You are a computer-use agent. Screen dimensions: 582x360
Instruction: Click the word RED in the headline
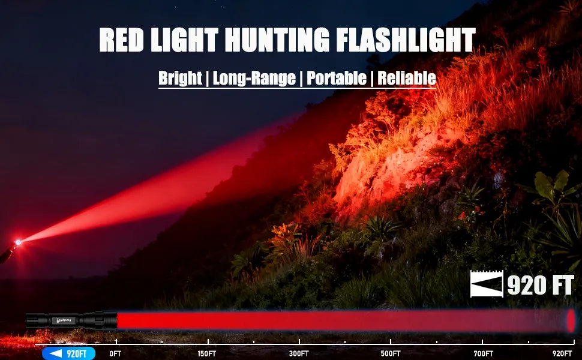(x=121, y=40)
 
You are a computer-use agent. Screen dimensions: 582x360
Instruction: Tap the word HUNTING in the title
(x=277, y=40)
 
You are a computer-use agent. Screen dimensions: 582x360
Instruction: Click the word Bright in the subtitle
(x=180, y=79)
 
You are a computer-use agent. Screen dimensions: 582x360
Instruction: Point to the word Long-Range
(x=254, y=79)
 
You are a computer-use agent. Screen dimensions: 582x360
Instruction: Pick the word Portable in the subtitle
(x=337, y=79)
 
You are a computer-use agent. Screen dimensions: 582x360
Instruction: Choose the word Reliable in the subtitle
(x=407, y=79)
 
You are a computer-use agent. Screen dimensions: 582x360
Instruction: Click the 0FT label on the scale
(x=115, y=353)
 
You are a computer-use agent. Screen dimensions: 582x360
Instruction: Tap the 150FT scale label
(x=207, y=353)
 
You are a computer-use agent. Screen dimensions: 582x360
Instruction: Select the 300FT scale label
(x=299, y=353)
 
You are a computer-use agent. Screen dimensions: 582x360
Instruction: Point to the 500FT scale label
(x=391, y=353)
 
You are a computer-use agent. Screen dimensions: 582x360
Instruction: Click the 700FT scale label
(x=483, y=353)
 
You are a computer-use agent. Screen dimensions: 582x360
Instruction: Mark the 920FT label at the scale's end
(x=562, y=353)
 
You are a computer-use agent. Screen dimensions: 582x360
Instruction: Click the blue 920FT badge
(x=68, y=353)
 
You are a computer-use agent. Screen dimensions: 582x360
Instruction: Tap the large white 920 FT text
(x=541, y=285)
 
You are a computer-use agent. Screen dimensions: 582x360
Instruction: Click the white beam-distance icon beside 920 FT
(x=487, y=284)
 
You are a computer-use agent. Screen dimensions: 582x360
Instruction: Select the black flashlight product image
(x=71, y=320)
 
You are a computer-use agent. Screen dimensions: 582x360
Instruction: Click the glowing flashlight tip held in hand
(x=17, y=242)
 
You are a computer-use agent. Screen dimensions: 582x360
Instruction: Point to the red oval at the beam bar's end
(x=571, y=320)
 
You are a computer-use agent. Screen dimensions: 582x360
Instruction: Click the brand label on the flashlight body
(x=64, y=320)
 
